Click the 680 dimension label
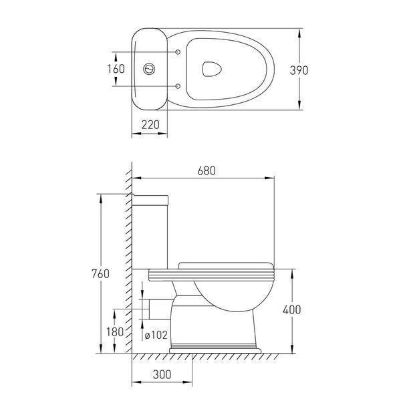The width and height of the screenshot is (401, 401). pos(207,170)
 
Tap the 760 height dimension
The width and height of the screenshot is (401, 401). pos(100,273)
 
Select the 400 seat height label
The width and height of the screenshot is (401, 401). pos(292,309)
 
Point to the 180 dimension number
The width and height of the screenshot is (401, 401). pos(115,332)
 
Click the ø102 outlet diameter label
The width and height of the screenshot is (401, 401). pos(156,335)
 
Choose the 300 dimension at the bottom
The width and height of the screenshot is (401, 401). pos(162,375)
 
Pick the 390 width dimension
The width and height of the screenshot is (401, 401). pos(299,70)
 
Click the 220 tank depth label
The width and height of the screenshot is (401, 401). pos(150,125)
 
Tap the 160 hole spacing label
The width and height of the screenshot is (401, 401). pos(116,69)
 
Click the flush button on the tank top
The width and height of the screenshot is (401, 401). pos(149,69)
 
